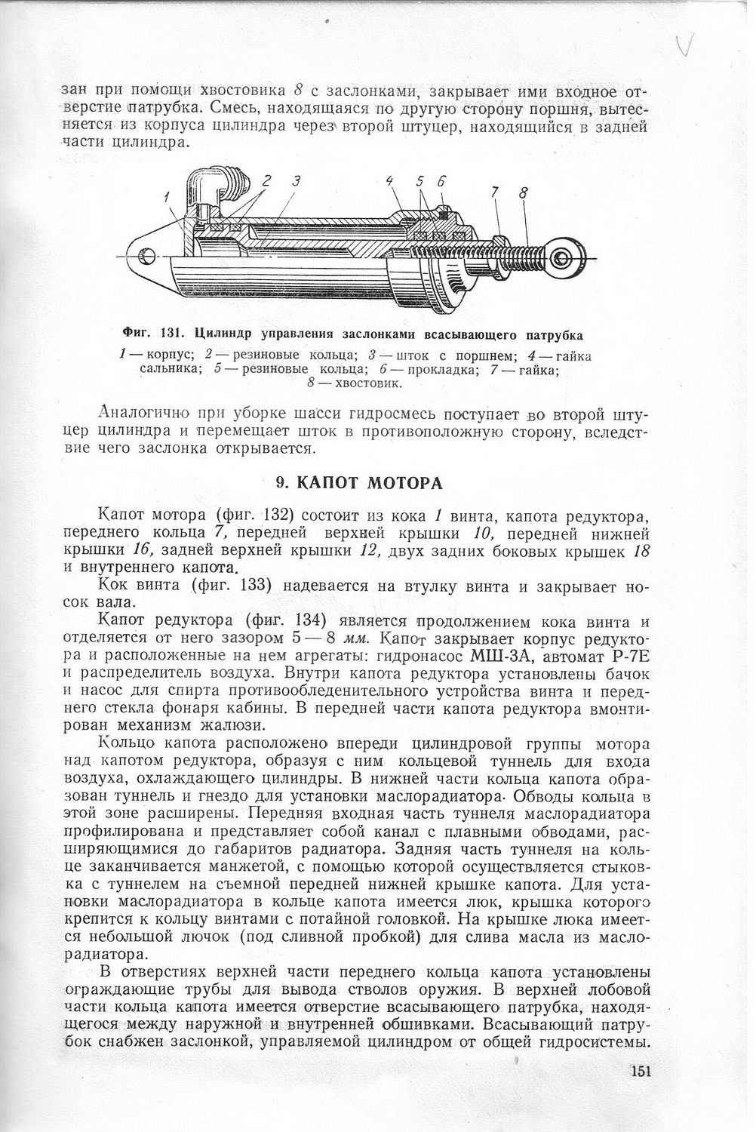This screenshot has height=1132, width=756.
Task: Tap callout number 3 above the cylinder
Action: coord(297,181)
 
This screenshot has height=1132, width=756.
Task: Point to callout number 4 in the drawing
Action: coord(390,182)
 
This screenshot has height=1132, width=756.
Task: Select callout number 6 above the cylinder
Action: coord(441,181)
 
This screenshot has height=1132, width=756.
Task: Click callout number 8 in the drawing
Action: coord(523,192)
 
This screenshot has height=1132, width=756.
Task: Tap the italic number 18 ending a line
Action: coord(641,552)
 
